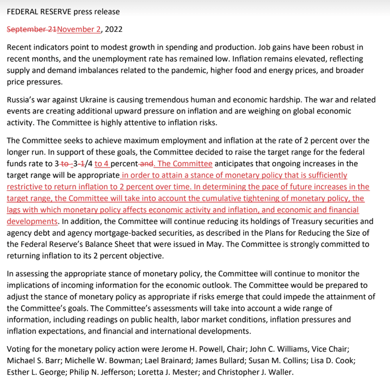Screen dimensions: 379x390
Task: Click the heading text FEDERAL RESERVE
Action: pos(39,12)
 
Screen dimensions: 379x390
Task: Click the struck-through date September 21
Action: pos(32,29)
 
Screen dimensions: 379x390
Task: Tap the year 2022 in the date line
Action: pos(114,29)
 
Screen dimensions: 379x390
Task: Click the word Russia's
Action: pos(21,100)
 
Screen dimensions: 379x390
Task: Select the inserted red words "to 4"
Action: pos(101,164)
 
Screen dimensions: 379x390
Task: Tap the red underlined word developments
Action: pos(32,221)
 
